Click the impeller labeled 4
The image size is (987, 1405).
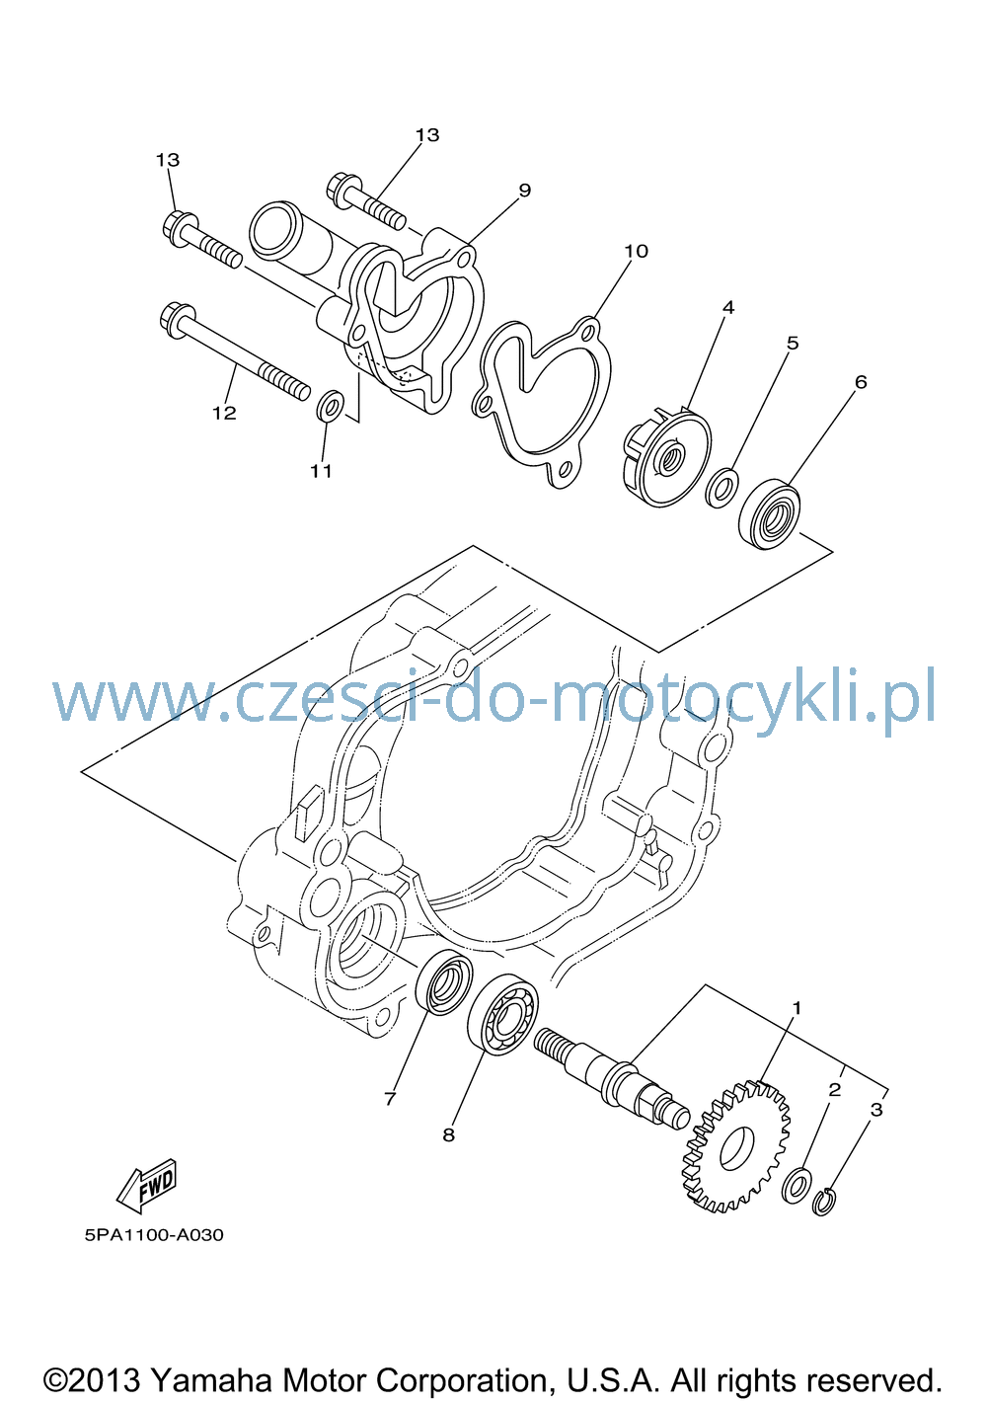[666, 456]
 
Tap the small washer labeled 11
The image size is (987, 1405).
[330, 407]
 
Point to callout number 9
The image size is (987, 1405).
[525, 190]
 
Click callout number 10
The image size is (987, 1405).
[636, 251]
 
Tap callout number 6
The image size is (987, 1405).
[861, 381]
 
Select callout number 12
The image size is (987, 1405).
[224, 413]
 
